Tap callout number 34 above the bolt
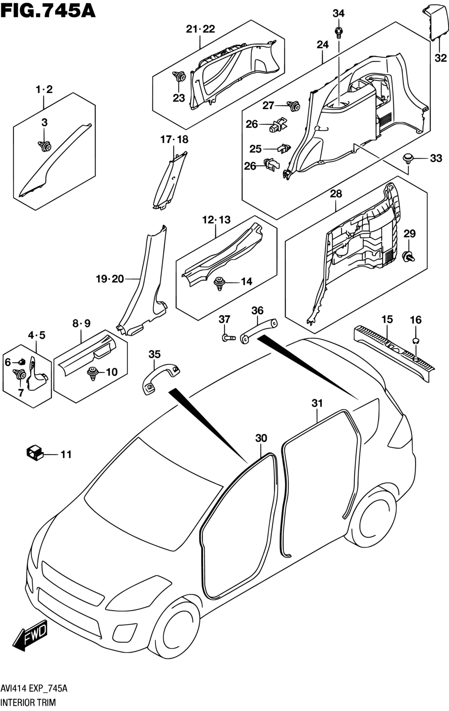point(338,13)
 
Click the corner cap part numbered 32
point(436,21)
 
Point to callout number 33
point(436,159)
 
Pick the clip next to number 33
point(408,158)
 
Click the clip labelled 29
point(409,256)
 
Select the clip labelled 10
point(92,373)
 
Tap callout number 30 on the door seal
point(261,439)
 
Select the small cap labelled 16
point(416,340)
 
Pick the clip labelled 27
point(294,105)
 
